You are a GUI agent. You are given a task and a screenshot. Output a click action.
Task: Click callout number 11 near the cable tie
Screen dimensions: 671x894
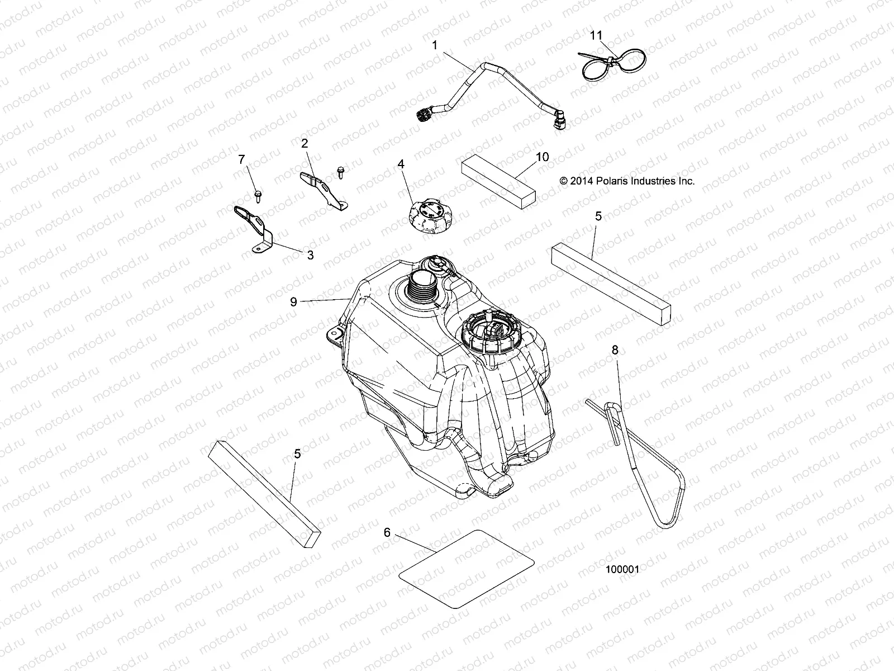(596, 35)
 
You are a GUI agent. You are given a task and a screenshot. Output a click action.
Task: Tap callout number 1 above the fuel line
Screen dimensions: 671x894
(435, 45)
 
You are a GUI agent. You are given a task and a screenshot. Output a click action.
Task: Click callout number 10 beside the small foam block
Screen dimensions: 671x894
(542, 157)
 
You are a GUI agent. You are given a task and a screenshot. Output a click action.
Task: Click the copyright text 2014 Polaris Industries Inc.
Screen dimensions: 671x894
(627, 181)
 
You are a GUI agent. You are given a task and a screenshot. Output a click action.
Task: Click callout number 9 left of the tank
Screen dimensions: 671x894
(293, 302)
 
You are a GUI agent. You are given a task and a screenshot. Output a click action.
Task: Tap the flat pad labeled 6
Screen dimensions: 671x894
(465, 569)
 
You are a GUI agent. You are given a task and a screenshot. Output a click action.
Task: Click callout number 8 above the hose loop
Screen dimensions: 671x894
(615, 350)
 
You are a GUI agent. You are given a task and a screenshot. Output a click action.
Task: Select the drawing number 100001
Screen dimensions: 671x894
(622, 569)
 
